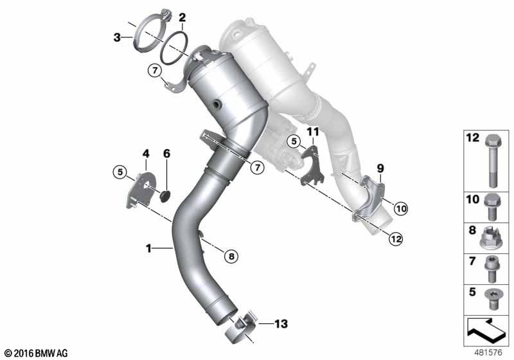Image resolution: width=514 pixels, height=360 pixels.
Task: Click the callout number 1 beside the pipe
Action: (x=148, y=249)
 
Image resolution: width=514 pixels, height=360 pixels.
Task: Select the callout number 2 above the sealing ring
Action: (x=182, y=18)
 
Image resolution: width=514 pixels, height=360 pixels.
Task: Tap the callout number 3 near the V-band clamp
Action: (x=117, y=37)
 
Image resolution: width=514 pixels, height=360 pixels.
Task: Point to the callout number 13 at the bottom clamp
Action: (x=281, y=324)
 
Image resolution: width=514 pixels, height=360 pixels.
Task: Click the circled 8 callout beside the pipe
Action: (x=231, y=256)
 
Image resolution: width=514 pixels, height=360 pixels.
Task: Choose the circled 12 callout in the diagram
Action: (x=396, y=239)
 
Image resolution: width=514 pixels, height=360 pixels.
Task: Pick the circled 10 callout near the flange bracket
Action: (x=401, y=208)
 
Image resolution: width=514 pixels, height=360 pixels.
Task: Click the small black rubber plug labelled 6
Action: (x=165, y=196)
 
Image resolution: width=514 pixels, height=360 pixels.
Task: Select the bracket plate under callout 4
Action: (x=139, y=191)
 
